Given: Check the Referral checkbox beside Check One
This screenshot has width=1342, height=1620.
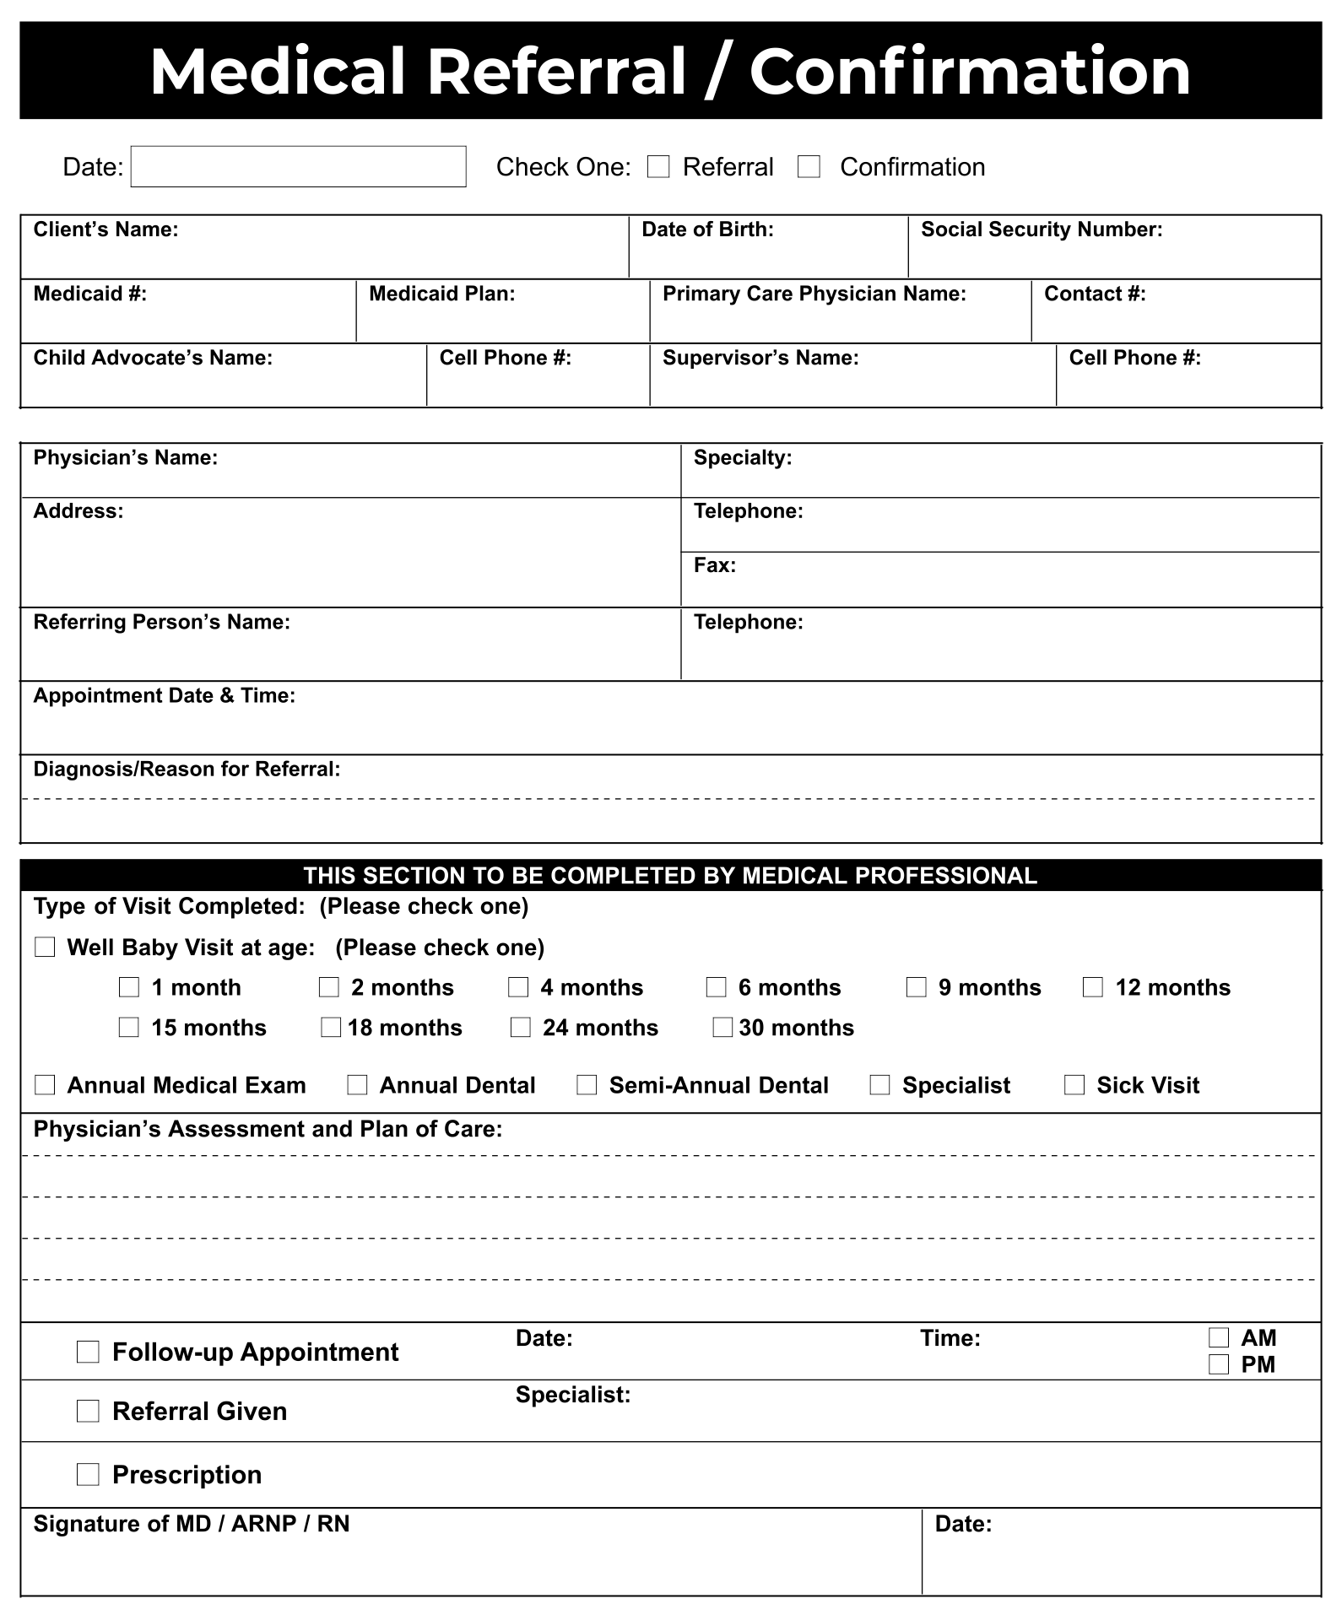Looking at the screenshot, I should click(x=658, y=167).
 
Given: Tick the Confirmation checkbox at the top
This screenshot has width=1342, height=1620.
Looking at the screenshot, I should click(x=809, y=167).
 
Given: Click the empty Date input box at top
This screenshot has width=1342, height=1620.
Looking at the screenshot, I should click(x=298, y=167).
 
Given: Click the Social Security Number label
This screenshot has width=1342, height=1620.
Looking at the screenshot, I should click(x=1041, y=229).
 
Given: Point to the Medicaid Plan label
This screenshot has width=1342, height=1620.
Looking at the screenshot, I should click(x=441, y=294).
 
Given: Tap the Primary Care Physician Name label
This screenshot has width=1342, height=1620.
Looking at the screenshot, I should click(x=814, y=294).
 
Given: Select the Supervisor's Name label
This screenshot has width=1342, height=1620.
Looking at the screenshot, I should click(x=760, y=358).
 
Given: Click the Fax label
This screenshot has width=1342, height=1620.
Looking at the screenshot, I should click(x=714, y=565).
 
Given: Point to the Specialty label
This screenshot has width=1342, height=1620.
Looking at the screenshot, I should click(x=742, y=457).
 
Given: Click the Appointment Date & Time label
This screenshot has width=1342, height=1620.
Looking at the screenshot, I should click(x=164, y=695).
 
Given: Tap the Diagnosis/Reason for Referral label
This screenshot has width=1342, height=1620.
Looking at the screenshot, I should click(x=187, y=769).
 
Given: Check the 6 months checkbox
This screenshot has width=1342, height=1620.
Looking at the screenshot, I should click(x=716, y=987).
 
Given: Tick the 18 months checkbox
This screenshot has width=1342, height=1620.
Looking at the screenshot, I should click(x=331, y=1028).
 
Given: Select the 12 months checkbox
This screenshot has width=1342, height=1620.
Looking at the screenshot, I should click(x=1092, y=987).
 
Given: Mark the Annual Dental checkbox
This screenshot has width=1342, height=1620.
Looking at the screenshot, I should click(x=357, y=1085).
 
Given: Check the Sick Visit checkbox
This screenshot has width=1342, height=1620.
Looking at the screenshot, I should click(x=1074, y=1085).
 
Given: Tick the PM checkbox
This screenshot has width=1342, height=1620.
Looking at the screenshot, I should click(x=1218, y=1364).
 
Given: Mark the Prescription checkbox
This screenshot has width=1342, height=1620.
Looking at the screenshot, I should click(x=88, y=1474).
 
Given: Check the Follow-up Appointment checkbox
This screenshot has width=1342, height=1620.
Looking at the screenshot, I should click(x=88, y=1352).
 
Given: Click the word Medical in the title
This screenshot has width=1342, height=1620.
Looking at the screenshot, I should click(x=278, y=71).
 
